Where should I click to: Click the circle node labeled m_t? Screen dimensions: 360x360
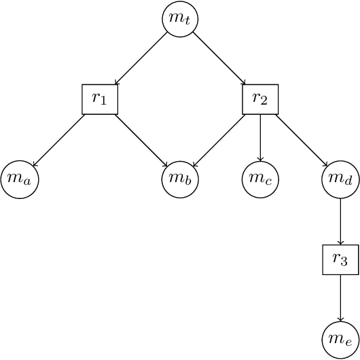pyautogui.click(x=180, y=19)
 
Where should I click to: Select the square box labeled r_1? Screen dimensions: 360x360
pyautogui.click(x=100, y=99)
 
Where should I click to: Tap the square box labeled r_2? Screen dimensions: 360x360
pyautogui.click(x=260, y=99)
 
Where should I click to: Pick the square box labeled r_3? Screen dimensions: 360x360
pyautogui.click(x=340, y=259)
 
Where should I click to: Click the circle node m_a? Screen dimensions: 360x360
pyautogui.click(x=20, y=179)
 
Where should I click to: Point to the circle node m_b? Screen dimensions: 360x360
pyautogui.click(x=180, y=179)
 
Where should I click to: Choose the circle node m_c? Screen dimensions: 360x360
pyautogui.click(x=260, y=179)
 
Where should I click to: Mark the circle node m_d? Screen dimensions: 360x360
pyautogui.click(x=340, y=179)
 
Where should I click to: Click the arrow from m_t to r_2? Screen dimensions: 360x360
pyautogui.click(x=219, y=58)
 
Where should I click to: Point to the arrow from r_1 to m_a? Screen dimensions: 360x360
pyautogui.click(x=58, y=141)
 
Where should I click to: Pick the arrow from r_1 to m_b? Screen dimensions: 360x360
pyautogui.click(x=141, y=141)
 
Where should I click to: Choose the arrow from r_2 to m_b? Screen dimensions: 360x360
pyautogui.click(x=219, y=141)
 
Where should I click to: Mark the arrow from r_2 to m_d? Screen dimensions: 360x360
pyautogui.click(x=300, y=140)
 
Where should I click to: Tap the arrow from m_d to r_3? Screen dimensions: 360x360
pyautogui.click(x=340, y=221)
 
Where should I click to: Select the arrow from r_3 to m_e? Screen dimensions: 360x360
pyautogui.click(x=340, y=298)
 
